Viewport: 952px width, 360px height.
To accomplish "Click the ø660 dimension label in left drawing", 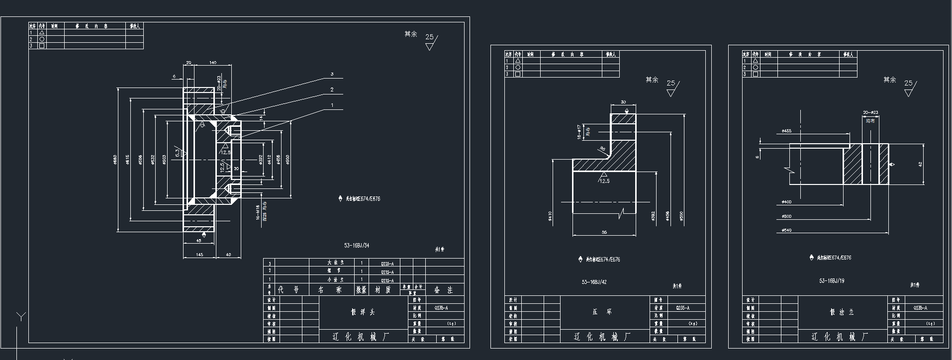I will tap(115, 159).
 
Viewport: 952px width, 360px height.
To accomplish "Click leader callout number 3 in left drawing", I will tap(332, 74).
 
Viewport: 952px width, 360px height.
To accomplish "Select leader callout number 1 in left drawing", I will tap(332, 105).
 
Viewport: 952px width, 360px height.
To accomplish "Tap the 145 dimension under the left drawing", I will tap(199, 255).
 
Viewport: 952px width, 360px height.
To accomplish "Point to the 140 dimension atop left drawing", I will tap(213, 63).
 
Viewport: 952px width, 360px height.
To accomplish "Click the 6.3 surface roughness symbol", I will tap(178, 152).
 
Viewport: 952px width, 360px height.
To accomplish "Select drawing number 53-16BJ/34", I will tap(357, 246).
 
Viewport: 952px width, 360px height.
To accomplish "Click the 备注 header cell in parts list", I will tap(444, 290).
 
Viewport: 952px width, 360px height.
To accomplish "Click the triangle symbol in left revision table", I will tap(42, 32).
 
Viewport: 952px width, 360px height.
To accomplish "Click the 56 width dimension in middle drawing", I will tap(604, 232).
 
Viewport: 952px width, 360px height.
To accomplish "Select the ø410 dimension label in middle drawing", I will tap(550, 216).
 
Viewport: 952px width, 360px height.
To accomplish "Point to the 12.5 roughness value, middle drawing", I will tap(604, 181).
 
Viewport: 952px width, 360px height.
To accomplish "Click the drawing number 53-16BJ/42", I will tap(594, 282).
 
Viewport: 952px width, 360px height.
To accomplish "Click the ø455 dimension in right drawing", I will tap(786, 131).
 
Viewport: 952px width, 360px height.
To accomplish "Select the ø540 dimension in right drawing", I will tap(786, 230).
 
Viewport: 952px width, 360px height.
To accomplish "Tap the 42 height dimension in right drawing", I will tap(920, 164).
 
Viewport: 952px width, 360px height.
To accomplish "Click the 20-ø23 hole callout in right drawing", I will tap(870, 112).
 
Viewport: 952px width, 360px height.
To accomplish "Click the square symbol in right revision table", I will tap(756, 74).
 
